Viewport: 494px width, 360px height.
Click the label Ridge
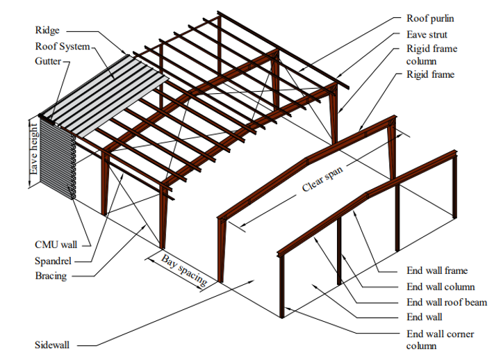(x=47, y=31)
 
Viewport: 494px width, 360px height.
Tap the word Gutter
(x=49, y=61)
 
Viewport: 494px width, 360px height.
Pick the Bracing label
(x=51, y=276)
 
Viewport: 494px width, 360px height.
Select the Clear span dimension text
(x=323, y=178)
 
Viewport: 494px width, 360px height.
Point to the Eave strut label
(x=427, y=34)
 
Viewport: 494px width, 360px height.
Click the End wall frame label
(x=436, y=271)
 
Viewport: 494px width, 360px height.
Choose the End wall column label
(x=440, y=286)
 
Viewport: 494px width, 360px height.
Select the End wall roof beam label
(x=446, y=302)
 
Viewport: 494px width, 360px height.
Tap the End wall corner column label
(x=440, y=339)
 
